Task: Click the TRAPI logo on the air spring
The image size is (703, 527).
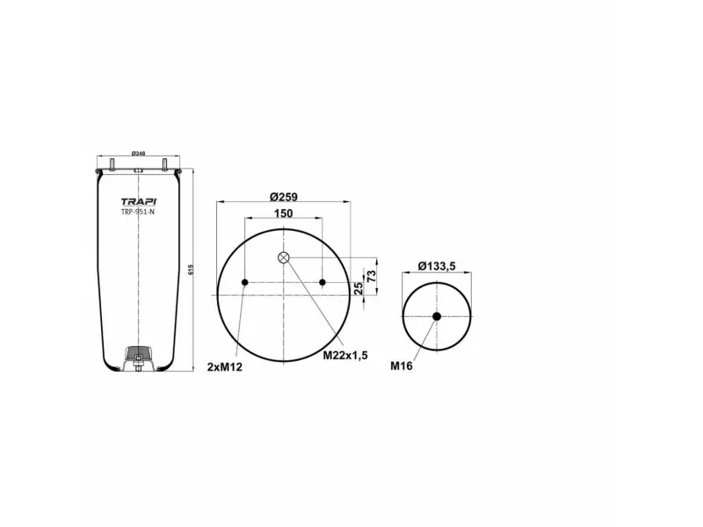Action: coord(138,200)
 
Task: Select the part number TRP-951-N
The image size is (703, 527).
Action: coord(138,212)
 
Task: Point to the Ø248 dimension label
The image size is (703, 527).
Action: coord(138,154)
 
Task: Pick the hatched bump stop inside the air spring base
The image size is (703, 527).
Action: coord(139,354)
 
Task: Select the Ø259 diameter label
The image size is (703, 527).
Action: coord(284,196)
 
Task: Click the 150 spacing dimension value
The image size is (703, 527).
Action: coord(284,213)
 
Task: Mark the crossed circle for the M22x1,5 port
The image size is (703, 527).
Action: coord(284,257)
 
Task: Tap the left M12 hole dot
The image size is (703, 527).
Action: coord(245,282)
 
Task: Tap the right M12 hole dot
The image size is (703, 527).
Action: coord(323,282)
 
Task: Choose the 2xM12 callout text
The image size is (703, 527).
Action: coord(224,366)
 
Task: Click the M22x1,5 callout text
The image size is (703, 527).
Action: coord(344,355)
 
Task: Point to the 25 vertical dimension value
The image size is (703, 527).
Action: coord(359,289)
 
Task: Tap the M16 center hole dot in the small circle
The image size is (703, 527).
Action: coord(437,316)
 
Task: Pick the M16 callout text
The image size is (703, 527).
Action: coord(402,366)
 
